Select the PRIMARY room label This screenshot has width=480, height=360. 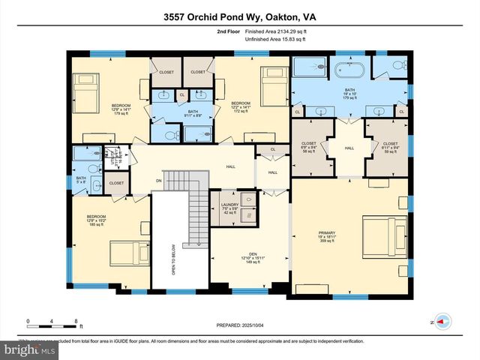(x=327, y=234)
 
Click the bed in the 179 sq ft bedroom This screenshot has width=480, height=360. (x=85, y=85)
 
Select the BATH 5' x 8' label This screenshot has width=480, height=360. (x=81, y=179)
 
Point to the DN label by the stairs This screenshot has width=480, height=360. (x=157, y=180)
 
